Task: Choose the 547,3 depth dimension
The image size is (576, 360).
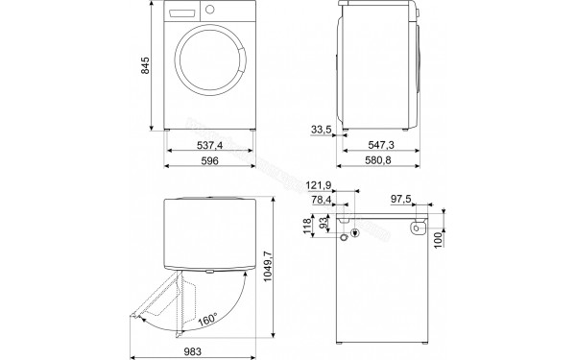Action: pos(382,147)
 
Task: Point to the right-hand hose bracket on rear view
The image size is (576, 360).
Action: pos(419,228)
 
